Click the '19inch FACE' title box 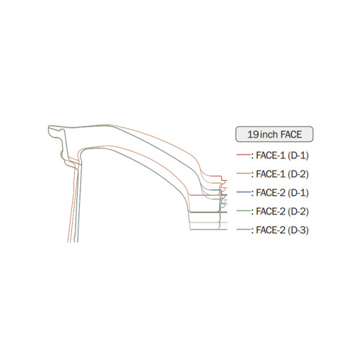click(274, 134)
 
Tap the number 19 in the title click(253, 135)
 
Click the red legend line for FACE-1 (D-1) click(243, 155)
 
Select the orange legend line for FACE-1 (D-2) click(243, 174)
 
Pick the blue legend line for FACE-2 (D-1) click(243, 192)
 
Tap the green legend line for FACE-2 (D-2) click(243, 211)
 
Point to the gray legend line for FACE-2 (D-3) click(243, 230)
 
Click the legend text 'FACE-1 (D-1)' click(282, 156)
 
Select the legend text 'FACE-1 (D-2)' click(282, 174)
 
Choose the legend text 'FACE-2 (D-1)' click(282, 193)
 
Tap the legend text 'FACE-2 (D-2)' click(282, 212)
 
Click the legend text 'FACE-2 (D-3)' click(282, 230)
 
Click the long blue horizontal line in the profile click(208, 212)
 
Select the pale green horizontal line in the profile click(208, 222)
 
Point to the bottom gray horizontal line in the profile click(209, 230)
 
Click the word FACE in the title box click(291, 135)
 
